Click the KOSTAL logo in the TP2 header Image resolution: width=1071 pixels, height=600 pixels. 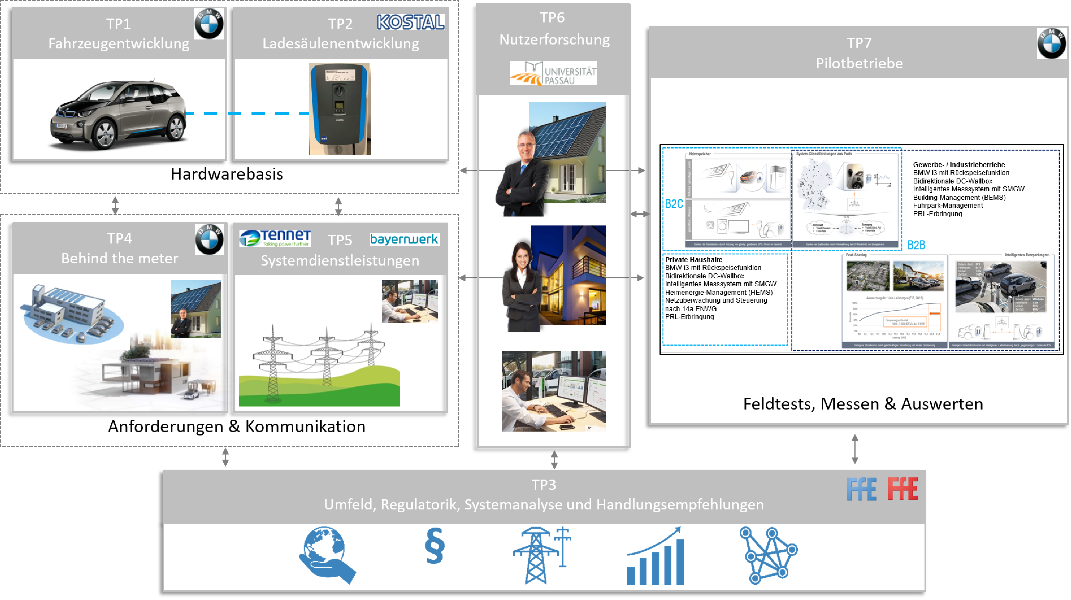tap(410, 22)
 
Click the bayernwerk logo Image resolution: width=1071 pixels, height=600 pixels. tap(404, 239)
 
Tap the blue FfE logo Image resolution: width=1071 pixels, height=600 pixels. tap(861, 489)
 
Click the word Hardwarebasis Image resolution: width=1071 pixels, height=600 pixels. tap(227, 174)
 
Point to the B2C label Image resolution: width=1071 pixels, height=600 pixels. tap(673, 204)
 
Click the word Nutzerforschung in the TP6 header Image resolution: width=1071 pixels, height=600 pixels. tap(554, 40)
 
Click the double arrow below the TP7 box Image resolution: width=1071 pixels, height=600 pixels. tap(855, 449)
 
